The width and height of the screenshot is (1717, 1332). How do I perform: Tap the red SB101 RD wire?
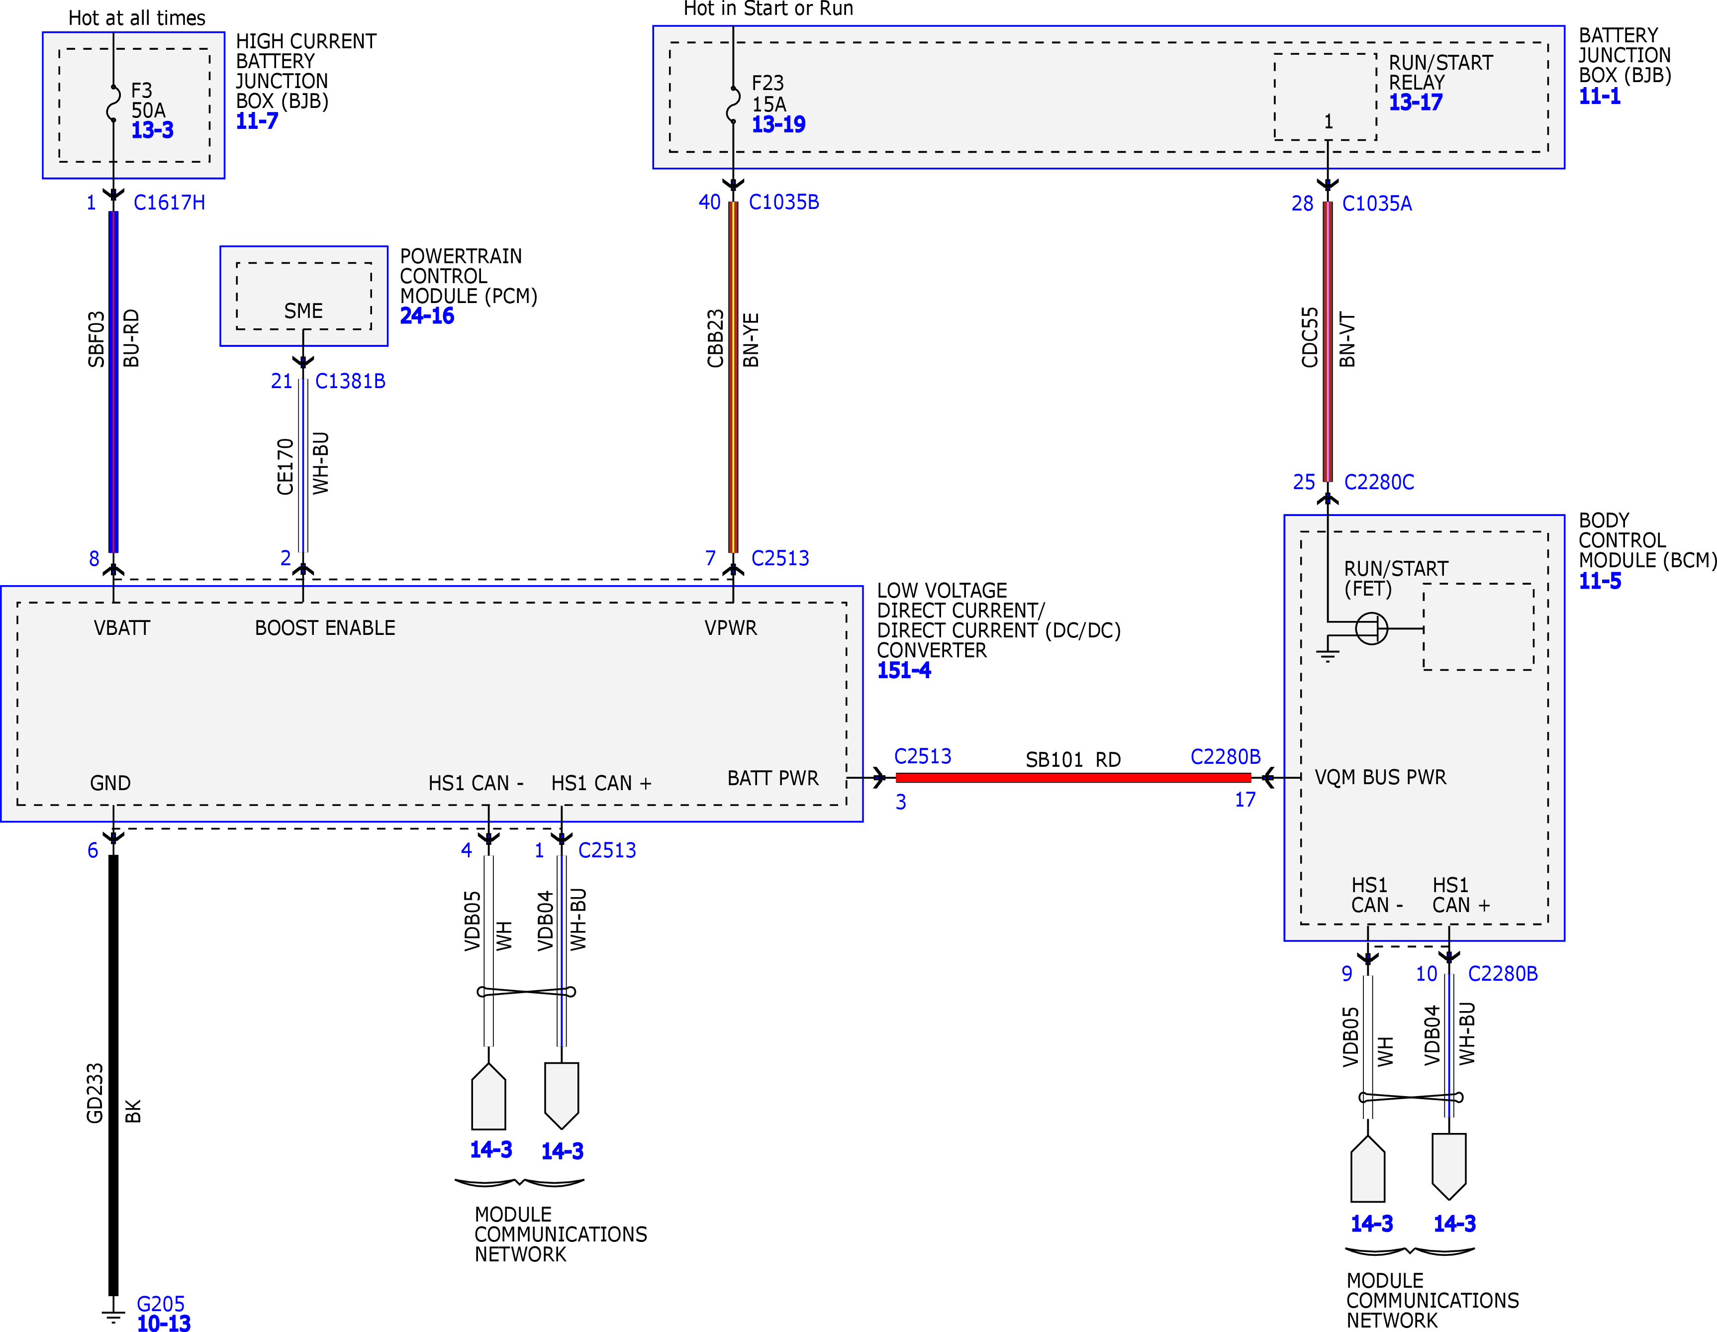(1073, 778)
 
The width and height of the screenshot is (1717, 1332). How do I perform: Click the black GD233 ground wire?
(113, 1075)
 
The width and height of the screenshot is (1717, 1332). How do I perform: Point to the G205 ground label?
(160, 1304)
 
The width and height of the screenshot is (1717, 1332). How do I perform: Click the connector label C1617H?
(169, 203)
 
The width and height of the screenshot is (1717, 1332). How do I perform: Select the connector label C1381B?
(350, 381)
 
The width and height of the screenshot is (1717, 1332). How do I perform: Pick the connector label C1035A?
(1377, 204)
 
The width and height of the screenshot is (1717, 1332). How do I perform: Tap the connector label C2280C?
(1379, 482)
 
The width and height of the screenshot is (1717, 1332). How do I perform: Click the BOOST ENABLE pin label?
(325, 628)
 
